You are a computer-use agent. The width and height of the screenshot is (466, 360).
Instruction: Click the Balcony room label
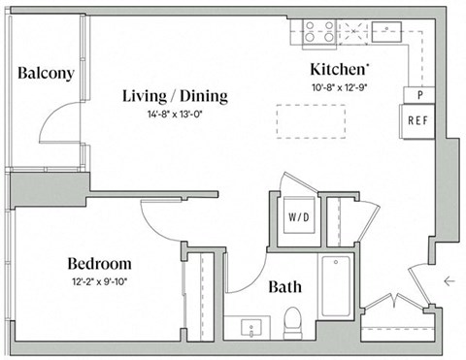pyautogui.click(x=46, y=74)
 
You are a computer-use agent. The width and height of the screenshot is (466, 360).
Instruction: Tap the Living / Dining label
pyautogui.click(x=175, y=96)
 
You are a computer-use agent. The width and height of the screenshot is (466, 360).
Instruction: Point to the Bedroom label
pyautogui.click(x=99, y=264)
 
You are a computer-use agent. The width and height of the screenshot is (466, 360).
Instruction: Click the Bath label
pyautogui.click(x=284, y=287)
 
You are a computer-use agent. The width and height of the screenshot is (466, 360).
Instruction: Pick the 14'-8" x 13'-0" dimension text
pyautogui.click(x=176, y=114)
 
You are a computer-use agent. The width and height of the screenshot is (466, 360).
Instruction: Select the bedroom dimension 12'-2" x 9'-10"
pyautogui.click(x=99, y=281)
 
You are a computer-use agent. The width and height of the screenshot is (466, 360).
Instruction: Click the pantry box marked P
pyautogui.click(x=418, y=95)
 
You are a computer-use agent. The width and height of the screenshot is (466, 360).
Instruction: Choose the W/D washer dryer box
pyautogui.click(x=296, y=217)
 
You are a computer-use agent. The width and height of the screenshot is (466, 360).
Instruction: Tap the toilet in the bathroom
pyautogui.click(x=294, y=322)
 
